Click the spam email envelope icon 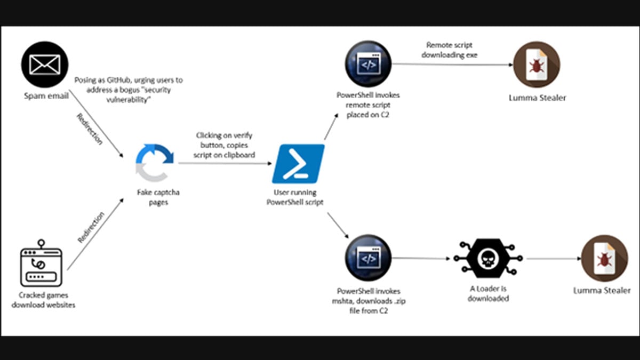tap(45, 65)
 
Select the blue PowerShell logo tap(298, 163)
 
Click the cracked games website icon tap(42, 265)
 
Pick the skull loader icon tap(488, 258)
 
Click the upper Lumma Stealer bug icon tap(536, 65)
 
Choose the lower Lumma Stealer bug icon tap(604, 259)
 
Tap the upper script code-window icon tap(369, 65)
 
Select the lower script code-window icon tap(369, 259)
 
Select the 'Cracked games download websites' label tap(43, 300)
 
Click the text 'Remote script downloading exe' tap(450, 50)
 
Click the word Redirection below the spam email tap(89, 129)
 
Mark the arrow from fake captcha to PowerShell tap(225, 164)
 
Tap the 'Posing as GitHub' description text tap(129, 88)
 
